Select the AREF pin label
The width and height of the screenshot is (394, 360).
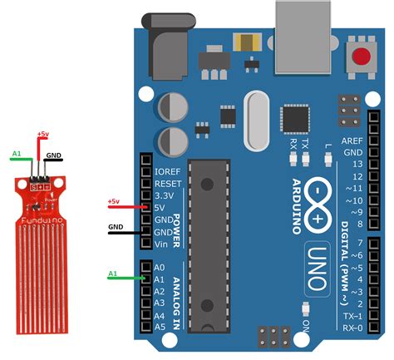click(352, 142)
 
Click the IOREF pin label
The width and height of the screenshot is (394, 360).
click(170, 171)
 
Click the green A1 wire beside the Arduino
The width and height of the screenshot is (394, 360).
click(124, 279)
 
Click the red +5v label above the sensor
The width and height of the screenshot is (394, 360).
click(42, 134)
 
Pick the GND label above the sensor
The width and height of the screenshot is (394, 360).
click(54, 155)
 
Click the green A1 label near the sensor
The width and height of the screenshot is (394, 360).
click(16, 154)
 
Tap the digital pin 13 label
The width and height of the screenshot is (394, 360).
click(357, 165)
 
